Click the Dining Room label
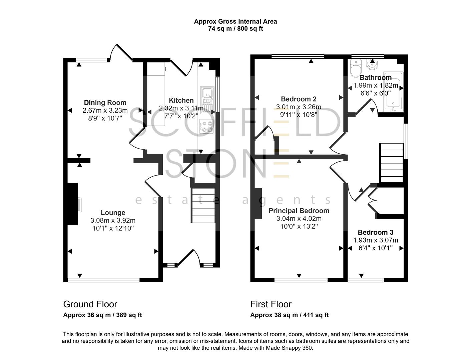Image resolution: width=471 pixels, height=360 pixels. [x=105, y=103]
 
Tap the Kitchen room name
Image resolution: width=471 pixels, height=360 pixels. [x=181, y=100]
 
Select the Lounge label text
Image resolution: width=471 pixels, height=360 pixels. [x=113, y=213]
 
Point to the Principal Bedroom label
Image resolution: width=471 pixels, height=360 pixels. [x=299, y=211]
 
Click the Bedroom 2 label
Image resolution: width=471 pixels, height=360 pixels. [x=299, y=99]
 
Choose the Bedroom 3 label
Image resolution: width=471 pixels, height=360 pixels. [x=375, y=232]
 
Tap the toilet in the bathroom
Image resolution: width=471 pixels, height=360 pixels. [x=356, y=68]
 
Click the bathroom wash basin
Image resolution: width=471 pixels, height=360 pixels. [x=372, y=64]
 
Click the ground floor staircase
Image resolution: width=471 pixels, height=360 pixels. [x=203, y=205]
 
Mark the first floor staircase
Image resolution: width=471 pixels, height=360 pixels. [x=392, y=163]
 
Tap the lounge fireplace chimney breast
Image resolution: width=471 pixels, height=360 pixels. [x=73, y=204]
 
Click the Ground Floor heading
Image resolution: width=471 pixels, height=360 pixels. [x=90, y=304]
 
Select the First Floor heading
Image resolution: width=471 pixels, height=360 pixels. [x=271, y=304]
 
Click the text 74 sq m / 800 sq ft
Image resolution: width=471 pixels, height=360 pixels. [x=235, y=29]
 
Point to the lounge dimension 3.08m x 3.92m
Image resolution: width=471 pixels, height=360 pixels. [x=113, y=221]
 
